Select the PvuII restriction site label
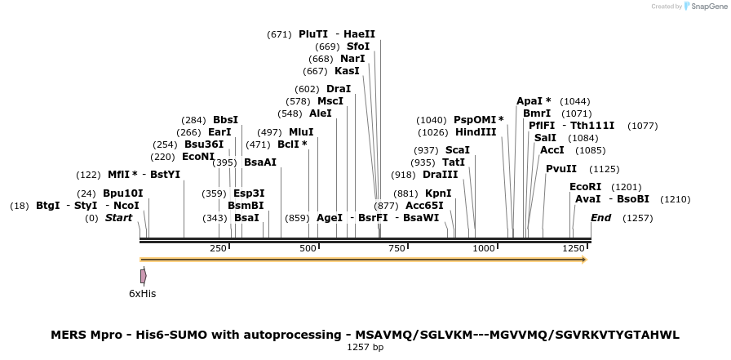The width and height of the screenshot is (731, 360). click(561, 169)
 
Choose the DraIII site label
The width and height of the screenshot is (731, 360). click(441, 175)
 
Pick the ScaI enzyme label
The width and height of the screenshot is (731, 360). click(457, 150)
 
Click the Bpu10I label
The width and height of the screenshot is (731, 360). click(123, 193)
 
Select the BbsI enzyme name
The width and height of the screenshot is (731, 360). click(225, 120)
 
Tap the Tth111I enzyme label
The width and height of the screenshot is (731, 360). click(592, 126)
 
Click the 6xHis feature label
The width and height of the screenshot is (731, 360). click(142, 293)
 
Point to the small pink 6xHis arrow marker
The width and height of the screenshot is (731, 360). click(143, 276)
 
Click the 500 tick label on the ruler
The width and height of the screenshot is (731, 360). click(308, 248)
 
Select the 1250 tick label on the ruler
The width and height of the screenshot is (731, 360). click(573, 248)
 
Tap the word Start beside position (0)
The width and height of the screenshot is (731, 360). click(118, 218)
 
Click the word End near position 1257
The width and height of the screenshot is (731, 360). click(600, 218)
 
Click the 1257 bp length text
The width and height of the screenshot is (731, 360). click(365, 348)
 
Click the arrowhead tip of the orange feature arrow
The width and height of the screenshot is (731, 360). click(584, 260)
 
